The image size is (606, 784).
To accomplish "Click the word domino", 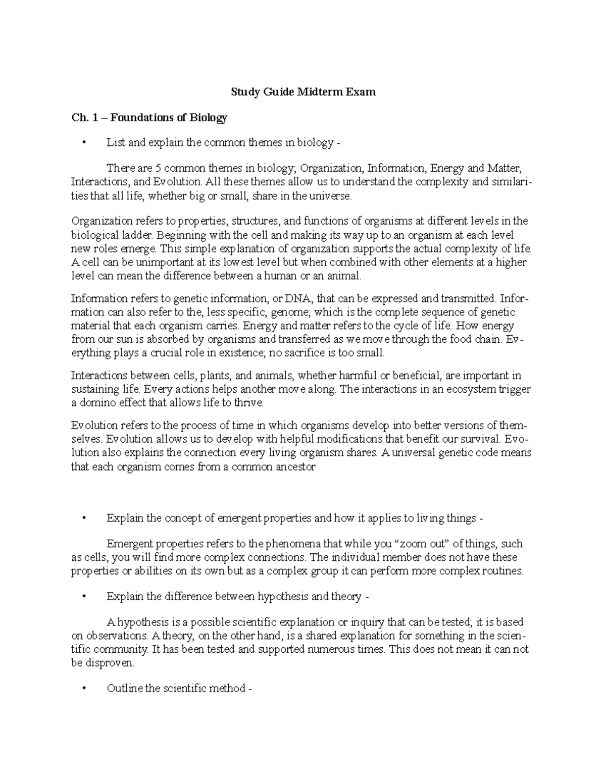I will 95,403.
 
